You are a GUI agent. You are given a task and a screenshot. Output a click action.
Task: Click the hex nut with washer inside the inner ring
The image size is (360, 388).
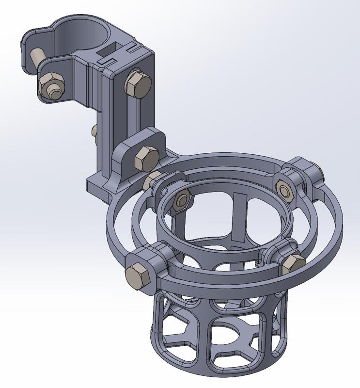pyautogui.click(x=182, y=200)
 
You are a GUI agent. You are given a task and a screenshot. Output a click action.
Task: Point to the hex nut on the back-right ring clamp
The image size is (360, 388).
pyautogui.click(x=284, y=190)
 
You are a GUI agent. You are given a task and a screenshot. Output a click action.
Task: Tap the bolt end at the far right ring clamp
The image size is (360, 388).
pyautogui.click(x=320, y=170)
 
